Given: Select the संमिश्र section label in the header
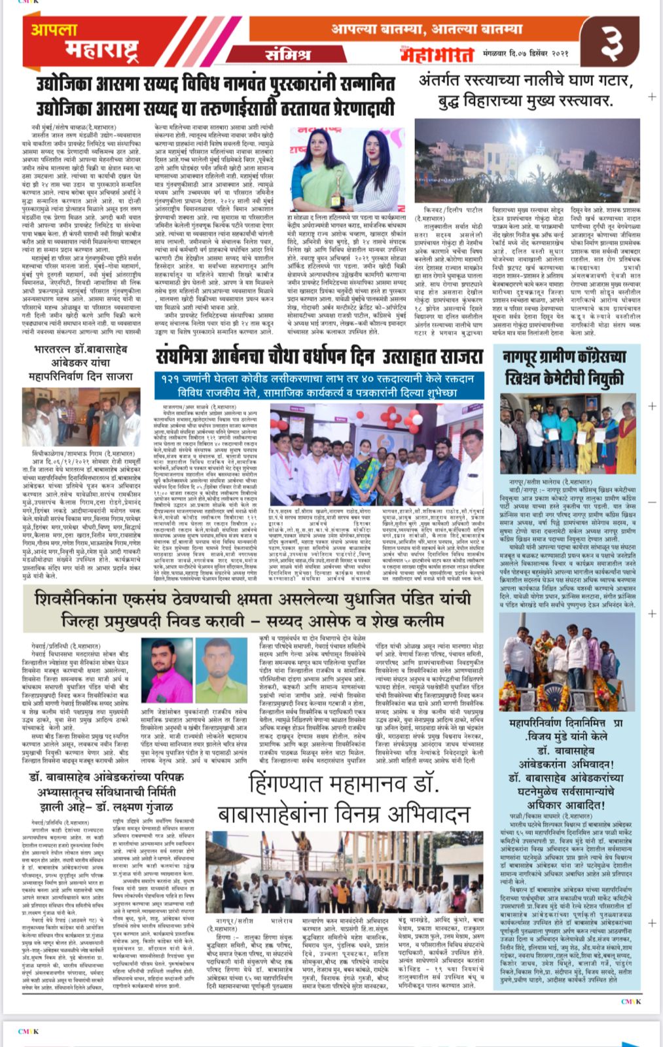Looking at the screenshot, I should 288,55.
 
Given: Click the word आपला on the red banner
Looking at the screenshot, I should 55,29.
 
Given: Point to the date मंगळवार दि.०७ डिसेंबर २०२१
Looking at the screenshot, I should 526,53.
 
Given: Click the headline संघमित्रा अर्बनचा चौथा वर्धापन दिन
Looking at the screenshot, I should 319,357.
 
